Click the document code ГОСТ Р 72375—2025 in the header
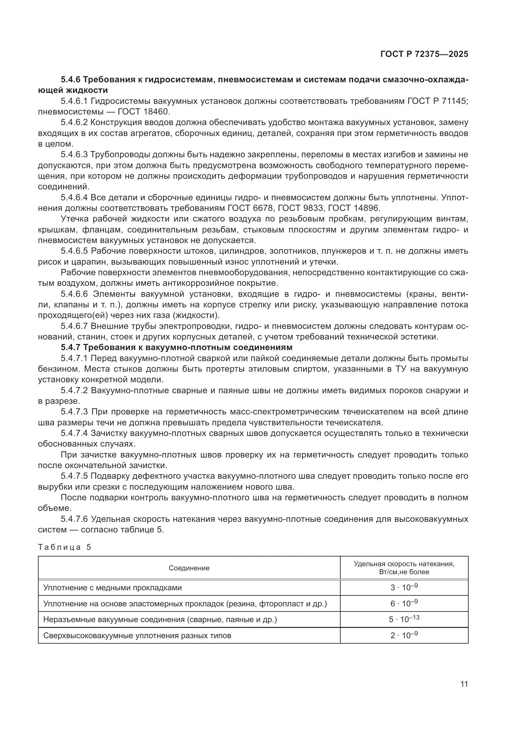pyautogui.click(x=424, y=54)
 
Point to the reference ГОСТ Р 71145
pyautogui.click(x=437, y=101)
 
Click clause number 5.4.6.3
pyautogui.click(x=74, y=155)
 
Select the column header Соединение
pyautogui.click(x=189, y=568)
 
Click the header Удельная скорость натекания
pyautogui.click(x=404, y=564)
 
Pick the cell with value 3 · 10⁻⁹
pyautogui.click(x=404, y=587)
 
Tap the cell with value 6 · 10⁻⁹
pyautogui.click(x=404, y=603)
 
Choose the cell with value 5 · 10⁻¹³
pyautogui.click(x=404, y=619)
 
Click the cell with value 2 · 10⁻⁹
pyautogui.click(x=404, y=635)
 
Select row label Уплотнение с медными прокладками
pyautogui.click(x=112, y=588)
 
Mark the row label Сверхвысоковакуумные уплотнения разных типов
pyautogui.click(x=137, y=636)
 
